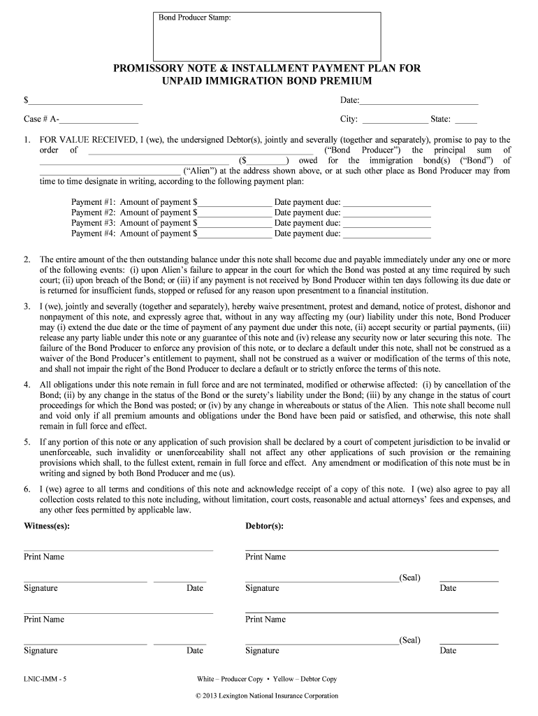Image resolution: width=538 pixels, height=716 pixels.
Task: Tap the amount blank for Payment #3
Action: pos(235,223)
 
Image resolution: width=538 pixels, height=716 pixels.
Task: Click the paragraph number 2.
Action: pos(27,259)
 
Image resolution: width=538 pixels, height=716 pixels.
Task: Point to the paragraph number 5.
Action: pos(27,442)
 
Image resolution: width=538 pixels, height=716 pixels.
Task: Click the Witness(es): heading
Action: pos(47,526)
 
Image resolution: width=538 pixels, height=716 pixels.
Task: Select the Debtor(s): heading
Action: pos(264,526)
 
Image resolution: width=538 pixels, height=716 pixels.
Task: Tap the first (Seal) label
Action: pos(409,578)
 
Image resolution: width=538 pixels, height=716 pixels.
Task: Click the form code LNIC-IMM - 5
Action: pos(45,679)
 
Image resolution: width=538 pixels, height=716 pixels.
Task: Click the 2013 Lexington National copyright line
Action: pos(268,696)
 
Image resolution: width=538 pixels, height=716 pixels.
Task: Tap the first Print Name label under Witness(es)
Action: pos(44,557)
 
